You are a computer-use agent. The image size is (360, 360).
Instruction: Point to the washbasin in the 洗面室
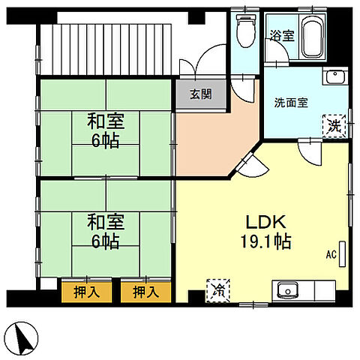334,77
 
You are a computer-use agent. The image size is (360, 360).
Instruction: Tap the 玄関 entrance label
200,94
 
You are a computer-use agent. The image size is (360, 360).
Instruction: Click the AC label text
330,255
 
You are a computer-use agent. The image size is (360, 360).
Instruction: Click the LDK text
265,223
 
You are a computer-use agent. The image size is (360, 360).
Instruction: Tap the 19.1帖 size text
265,243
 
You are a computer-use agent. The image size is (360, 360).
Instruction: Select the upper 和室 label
105,121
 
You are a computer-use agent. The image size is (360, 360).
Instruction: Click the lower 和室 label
105,223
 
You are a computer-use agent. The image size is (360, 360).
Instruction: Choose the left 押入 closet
85,291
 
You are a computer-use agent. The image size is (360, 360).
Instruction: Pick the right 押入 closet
145,291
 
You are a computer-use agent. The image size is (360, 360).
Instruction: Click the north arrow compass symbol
24,338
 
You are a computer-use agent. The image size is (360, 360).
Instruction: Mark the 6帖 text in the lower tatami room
105,241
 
